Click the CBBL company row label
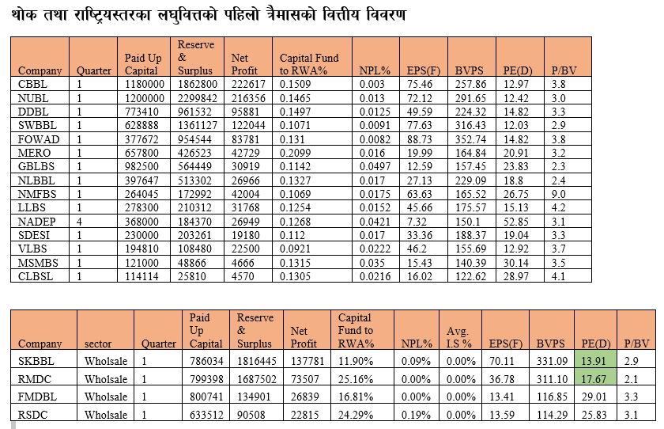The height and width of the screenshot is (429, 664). coord(32,84)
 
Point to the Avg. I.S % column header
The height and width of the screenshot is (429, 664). coord(458,337)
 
